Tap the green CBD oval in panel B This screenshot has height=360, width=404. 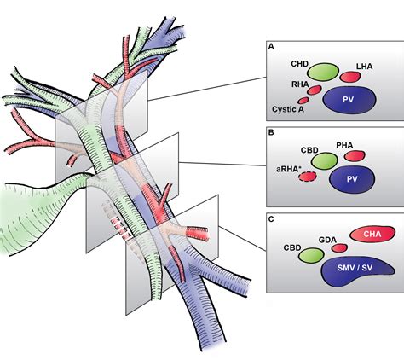click(x=326, y=159)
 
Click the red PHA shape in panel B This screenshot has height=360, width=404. click(x=352, y=157)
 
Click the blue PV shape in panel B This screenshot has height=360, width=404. click(x=350, y=179)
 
